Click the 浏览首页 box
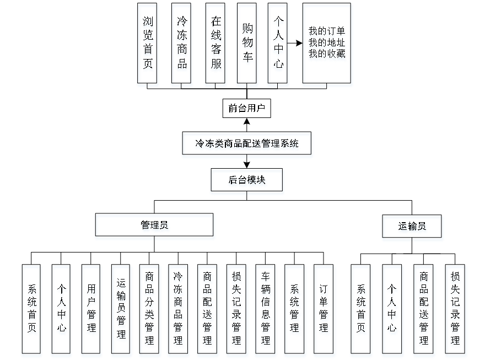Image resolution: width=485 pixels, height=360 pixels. point(148,45)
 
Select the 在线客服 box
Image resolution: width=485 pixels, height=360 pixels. point(215,45)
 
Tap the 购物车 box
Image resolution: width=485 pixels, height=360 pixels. point(247,45)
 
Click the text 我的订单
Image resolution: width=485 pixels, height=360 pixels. point(327,32)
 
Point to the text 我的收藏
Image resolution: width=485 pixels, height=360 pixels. point(327,54)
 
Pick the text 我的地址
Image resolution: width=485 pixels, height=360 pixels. point(327,43)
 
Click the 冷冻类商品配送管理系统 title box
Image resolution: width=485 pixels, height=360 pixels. point(247,145)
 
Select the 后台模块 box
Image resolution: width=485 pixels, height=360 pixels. point(247,181)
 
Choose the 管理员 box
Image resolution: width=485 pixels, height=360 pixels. point(155,227)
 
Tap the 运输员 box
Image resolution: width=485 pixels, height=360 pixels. point(412,227)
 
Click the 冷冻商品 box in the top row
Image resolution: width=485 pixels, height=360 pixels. point(181,45)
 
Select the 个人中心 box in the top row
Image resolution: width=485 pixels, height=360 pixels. point(278,45)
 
